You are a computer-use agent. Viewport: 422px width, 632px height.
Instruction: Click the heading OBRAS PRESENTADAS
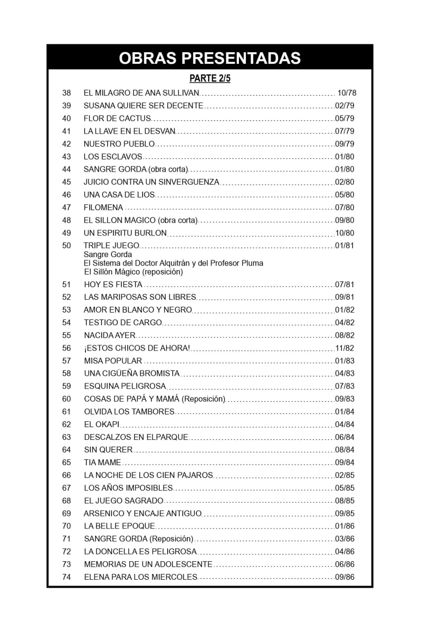210,58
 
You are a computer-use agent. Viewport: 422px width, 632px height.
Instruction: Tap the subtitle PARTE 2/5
210,79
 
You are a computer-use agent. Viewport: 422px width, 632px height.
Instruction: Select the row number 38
66,93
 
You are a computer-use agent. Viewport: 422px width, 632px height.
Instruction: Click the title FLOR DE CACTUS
117,118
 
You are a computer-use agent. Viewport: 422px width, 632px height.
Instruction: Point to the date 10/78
347,93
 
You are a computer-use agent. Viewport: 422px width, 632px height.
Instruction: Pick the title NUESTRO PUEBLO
119,144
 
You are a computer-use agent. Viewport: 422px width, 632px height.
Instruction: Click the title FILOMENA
103,207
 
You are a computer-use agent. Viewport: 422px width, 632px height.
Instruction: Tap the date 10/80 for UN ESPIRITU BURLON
344,233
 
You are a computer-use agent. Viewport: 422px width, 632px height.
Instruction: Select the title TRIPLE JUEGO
111,246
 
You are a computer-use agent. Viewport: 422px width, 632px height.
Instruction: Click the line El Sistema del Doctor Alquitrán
174,263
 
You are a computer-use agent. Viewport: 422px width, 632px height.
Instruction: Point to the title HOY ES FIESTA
113,285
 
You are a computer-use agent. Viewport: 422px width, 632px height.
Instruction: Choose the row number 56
66,348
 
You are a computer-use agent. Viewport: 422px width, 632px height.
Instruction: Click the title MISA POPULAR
113,361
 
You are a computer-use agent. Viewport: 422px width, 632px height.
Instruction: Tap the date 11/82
344,348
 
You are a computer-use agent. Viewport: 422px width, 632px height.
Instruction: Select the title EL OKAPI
102,425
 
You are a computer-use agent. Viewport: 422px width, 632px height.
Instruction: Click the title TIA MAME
102,463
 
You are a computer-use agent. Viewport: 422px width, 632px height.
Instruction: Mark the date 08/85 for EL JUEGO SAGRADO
344,501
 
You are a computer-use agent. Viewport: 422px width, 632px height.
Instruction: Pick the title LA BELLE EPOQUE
119,526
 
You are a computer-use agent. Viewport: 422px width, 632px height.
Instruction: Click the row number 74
66,577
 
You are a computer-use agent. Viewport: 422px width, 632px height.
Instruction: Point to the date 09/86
344,577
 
